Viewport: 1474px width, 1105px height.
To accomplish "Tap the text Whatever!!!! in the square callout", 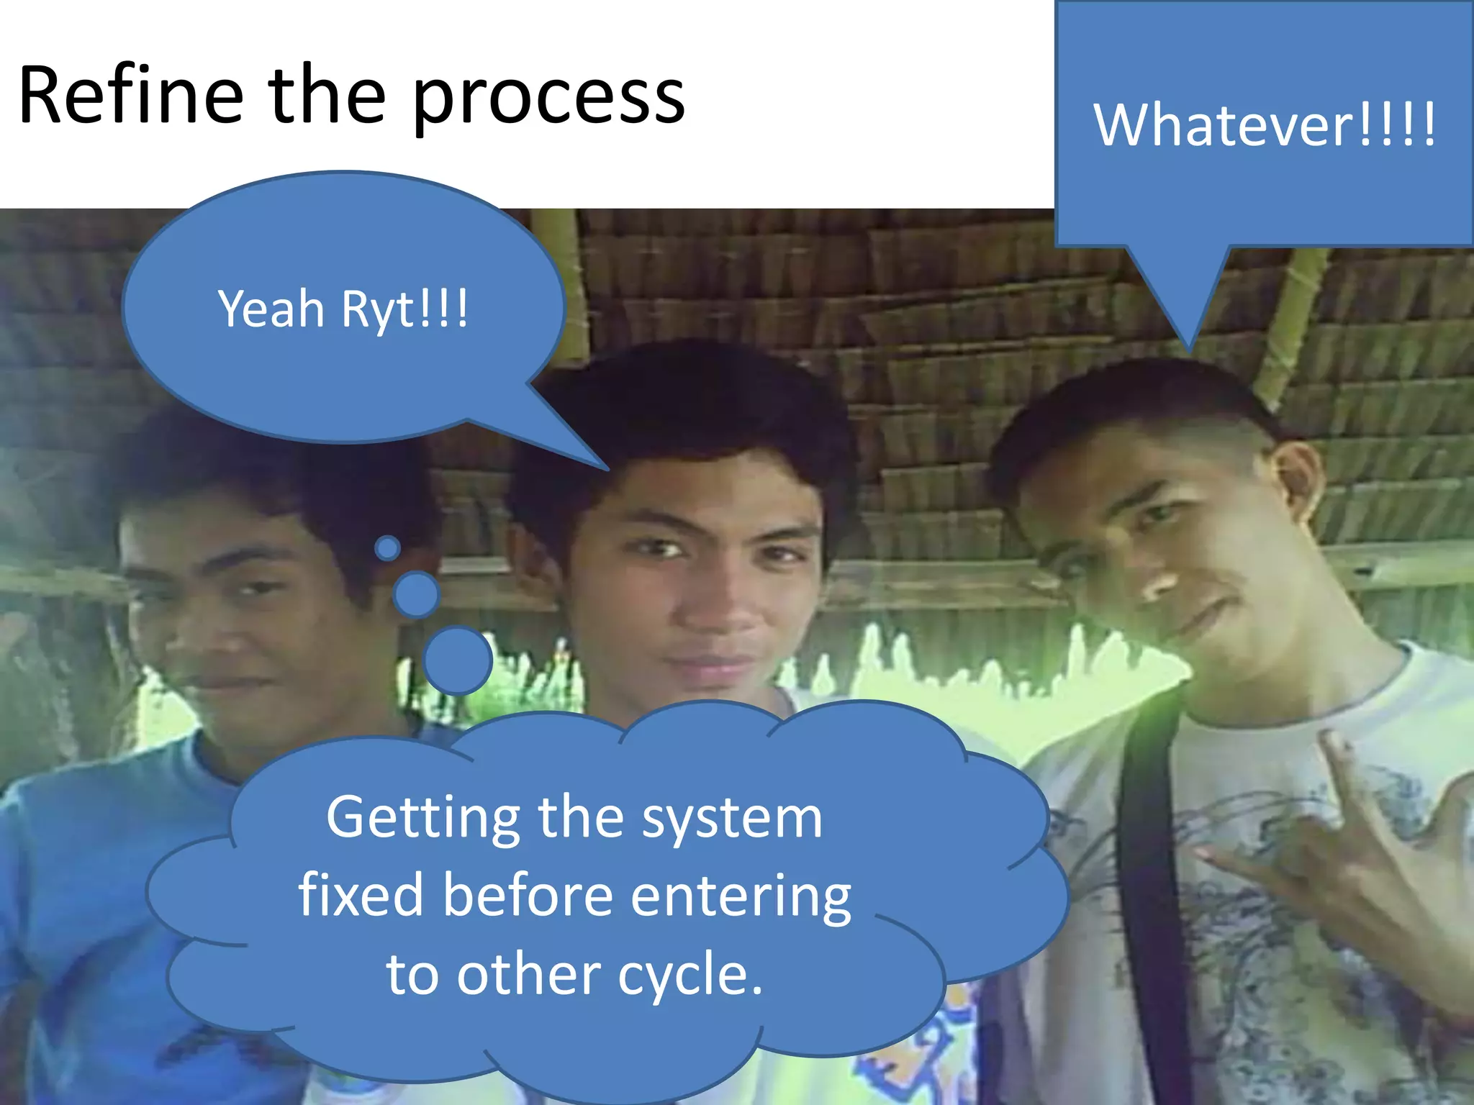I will point(1265,125).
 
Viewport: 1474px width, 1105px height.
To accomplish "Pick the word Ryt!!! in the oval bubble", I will point(404,309).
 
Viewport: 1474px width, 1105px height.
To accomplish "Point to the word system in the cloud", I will point(731,819).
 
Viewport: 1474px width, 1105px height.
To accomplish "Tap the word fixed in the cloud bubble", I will point(361,895).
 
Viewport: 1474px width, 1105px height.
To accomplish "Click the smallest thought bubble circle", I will point(388,548).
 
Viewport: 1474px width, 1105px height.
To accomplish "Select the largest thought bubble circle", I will point(458,660).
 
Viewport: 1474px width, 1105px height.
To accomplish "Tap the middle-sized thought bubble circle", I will point(416,594).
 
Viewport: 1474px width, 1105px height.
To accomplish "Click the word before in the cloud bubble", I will point(527,895).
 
